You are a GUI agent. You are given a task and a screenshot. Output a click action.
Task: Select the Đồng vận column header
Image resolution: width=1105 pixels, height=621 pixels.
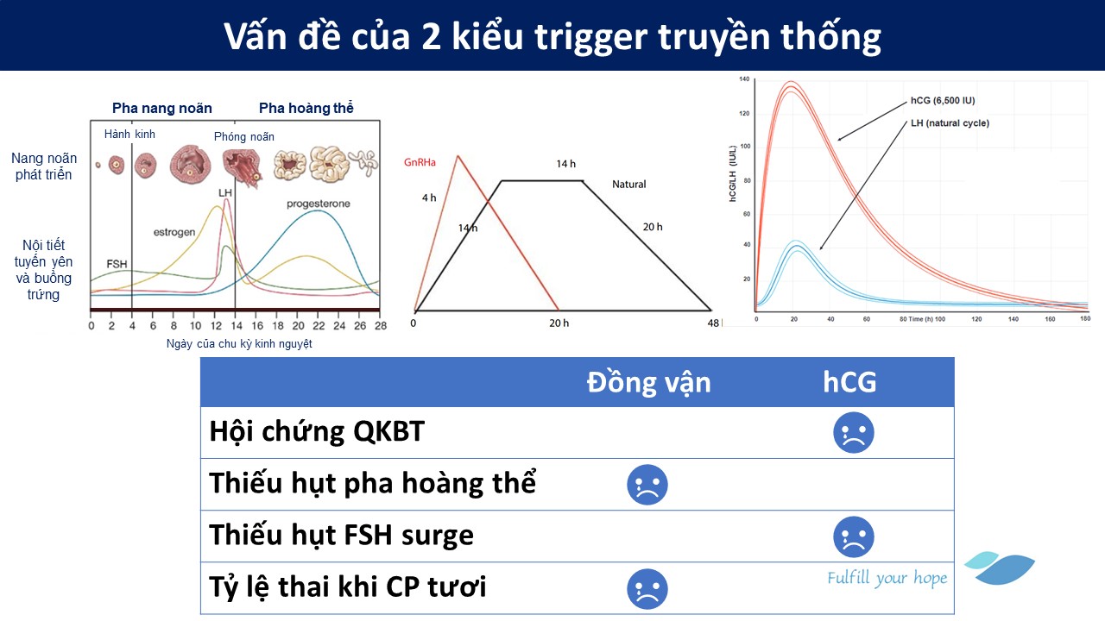[648, 382]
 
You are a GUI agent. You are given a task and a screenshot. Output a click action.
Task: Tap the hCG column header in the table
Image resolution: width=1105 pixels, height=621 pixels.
[849, 382]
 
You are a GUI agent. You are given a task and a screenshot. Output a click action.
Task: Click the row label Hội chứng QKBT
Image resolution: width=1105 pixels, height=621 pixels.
[317, 432]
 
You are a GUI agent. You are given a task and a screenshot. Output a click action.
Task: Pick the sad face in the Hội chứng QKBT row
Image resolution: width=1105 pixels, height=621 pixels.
[854, 433]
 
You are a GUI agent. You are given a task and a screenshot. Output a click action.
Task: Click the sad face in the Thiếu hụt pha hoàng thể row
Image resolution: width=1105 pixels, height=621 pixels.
[647, 485]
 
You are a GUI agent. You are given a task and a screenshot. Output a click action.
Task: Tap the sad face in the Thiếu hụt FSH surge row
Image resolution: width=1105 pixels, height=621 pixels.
[854, 536]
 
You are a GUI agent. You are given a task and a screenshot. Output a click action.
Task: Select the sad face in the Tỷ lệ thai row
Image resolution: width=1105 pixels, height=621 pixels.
[647, 589]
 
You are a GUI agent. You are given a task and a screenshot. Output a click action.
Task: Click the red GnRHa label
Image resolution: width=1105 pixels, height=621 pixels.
[420, 162]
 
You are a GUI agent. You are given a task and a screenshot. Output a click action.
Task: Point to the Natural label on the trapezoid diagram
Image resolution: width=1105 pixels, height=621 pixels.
[629, 185]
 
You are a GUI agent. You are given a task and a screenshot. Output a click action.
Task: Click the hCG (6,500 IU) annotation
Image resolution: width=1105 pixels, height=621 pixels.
[943, 101]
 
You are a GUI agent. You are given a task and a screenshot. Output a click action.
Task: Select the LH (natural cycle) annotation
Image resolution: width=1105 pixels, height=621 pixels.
[950, 123]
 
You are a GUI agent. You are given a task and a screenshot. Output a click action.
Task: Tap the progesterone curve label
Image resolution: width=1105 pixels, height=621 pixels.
[319, 204]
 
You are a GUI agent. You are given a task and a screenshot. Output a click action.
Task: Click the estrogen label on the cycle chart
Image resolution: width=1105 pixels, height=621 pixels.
[174, 232]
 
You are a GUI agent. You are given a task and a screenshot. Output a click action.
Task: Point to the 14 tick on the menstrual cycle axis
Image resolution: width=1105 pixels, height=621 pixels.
[237, 326]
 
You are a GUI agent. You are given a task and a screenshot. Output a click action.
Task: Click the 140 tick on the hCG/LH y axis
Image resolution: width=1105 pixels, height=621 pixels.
[744, 78]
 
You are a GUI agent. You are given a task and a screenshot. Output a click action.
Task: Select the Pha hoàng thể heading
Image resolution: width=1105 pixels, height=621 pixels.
[306, 108]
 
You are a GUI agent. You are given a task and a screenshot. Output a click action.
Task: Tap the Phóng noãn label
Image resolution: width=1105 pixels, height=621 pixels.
[244, 137]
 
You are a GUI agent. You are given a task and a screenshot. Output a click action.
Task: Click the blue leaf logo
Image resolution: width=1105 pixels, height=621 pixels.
[1000, 568]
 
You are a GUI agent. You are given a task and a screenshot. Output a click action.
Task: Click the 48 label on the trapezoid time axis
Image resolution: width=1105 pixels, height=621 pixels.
[713, 323]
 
